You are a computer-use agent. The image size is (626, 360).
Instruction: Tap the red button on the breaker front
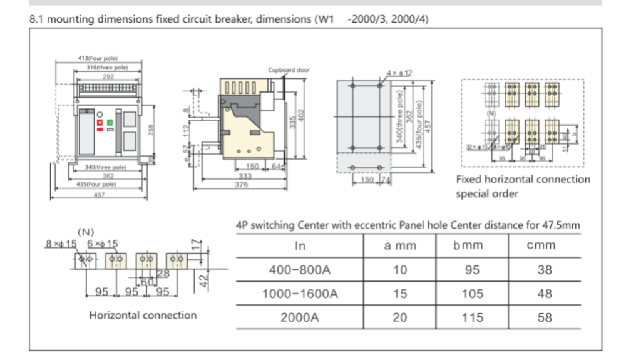point(99,123)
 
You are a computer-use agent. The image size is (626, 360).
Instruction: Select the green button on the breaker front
point(110,123)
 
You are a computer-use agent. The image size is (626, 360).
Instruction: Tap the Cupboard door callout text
point(289,70)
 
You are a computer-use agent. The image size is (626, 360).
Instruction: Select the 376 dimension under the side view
point(241,185)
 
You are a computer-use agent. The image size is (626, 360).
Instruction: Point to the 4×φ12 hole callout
point(400,73)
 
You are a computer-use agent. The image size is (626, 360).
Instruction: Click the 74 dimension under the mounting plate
point(386,180)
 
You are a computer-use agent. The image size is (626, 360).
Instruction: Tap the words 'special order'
point(486,194)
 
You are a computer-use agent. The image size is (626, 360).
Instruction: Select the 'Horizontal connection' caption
point(143,315)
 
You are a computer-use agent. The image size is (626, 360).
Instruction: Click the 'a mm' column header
point(399,245)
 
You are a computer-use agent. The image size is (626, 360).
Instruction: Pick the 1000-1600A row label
point(300,294)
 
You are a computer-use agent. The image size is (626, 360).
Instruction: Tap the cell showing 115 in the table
point(472,317)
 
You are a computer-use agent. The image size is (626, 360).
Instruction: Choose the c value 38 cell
point(545,270)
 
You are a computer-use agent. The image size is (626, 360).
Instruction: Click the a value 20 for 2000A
point(399,317)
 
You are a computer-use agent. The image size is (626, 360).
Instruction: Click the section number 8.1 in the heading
point(37,19)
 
